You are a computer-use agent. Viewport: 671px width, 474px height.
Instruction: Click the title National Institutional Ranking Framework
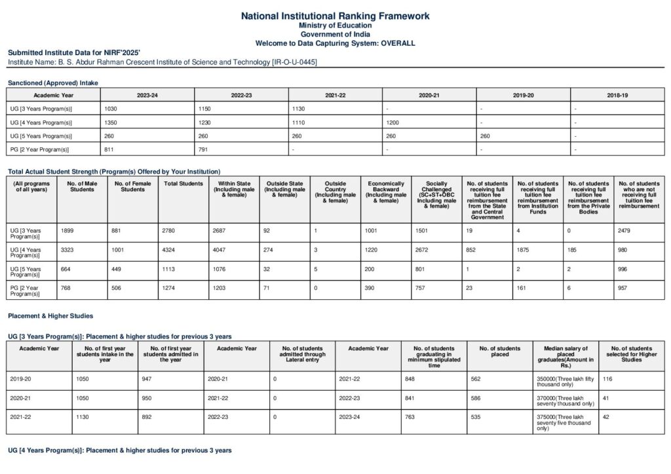pos(335,15)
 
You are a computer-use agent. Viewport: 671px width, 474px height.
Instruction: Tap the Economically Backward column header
pos(386,190)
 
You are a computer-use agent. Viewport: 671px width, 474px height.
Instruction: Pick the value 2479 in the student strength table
pos(626,230)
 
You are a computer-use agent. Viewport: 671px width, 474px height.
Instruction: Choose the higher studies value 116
pos(607,378)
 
